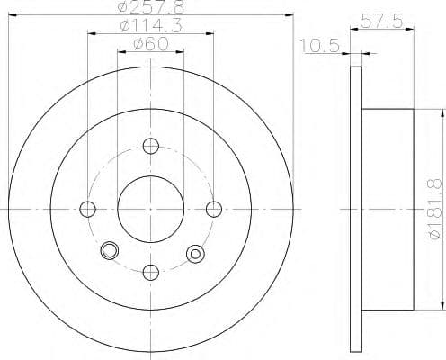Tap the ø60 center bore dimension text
click(x=150, y=45)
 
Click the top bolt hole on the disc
click(x=150, y=146)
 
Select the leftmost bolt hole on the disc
click(x=87, y=209)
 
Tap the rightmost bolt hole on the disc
click(x=213, y=209)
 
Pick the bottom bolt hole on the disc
click(x=150, y=272)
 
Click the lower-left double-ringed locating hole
click(x=111, y=251)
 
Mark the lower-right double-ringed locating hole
click(x=193, y=254)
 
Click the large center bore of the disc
click(x=150, y=209)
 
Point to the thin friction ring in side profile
click(x=354, y=209)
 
